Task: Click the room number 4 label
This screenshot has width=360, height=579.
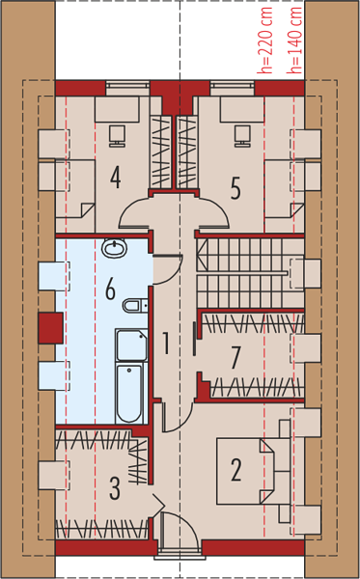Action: tap(116, 178)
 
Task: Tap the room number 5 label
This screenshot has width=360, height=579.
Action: tap(235, 188)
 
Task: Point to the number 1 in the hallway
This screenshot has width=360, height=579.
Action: tap(166, 343)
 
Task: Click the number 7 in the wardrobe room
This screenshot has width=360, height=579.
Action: tap(235, 358)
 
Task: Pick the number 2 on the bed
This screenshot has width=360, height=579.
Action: tap(236, 470)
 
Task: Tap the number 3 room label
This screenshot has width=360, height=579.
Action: tap(115, 488)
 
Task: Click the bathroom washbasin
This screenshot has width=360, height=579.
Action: tap(115, 248)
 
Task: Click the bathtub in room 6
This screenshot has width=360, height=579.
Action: tap(129, 394)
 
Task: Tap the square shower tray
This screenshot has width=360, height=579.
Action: tap(132, 345)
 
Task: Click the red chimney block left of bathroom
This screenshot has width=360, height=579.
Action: tap(50, 328)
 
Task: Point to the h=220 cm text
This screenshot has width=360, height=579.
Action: tap(266, 40)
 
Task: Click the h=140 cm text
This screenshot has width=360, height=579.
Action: tap(295, 40)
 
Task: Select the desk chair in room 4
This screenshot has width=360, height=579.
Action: tap(118, 136)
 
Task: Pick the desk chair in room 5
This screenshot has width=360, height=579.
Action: tap(242, 136)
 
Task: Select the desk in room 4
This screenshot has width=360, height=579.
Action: tap(117, 109)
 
